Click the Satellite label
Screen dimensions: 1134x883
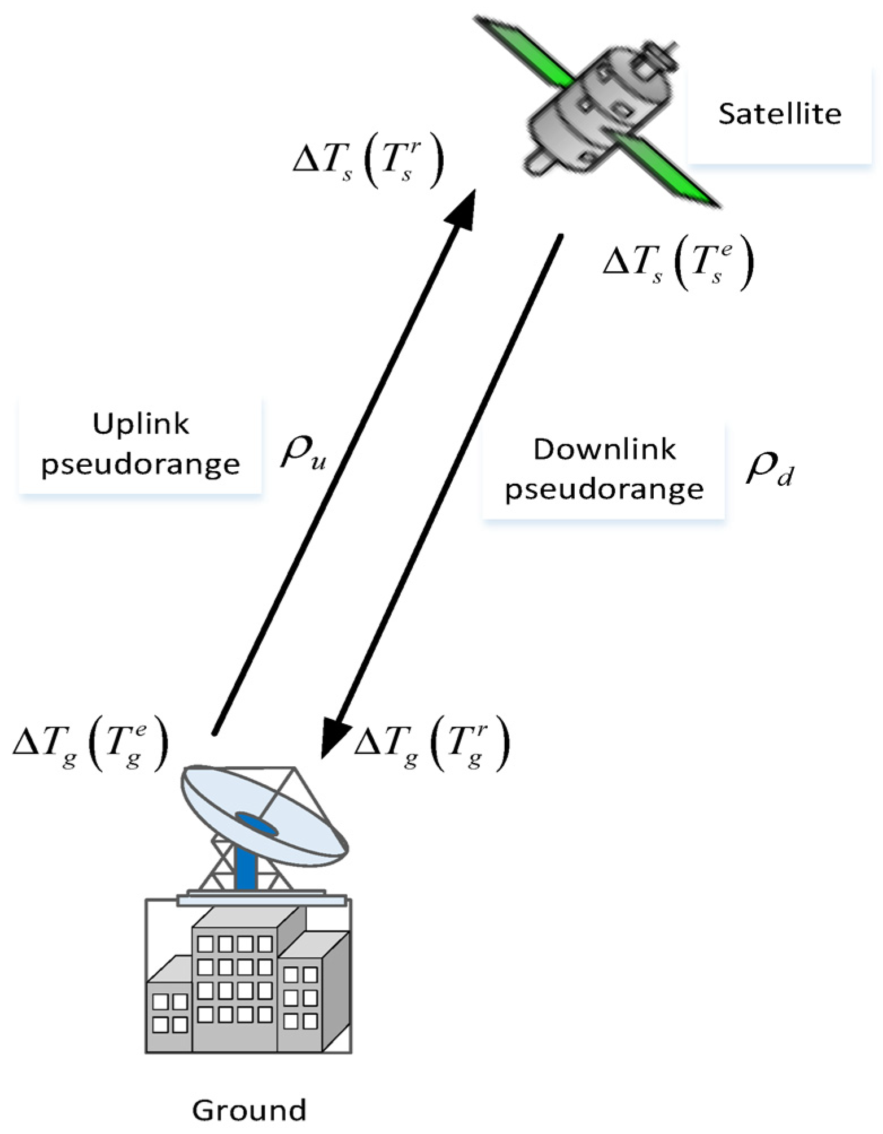[780, 114]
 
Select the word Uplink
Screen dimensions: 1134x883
[141, 424]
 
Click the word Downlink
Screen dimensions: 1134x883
[604, 449]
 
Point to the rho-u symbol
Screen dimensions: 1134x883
[303, 453]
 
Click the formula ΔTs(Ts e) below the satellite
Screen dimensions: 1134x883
[678, 263]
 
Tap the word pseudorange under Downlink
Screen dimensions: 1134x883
[604, 489]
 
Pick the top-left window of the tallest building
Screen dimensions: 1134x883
[206, 944]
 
